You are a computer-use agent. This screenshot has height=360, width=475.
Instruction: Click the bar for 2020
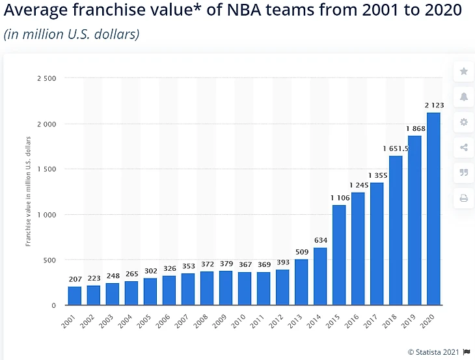433,208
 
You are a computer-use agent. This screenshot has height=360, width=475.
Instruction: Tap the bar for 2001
75,296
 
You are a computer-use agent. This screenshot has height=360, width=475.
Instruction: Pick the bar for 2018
395,230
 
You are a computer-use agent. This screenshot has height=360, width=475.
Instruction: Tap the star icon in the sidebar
464,71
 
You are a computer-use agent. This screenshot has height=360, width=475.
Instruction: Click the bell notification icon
464,96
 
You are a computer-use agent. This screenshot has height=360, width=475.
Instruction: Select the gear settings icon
464,122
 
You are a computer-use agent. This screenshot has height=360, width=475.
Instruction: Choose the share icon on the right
464,147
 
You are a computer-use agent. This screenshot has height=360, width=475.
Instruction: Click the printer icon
464,198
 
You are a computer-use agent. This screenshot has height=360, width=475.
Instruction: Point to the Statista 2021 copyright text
433,352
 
